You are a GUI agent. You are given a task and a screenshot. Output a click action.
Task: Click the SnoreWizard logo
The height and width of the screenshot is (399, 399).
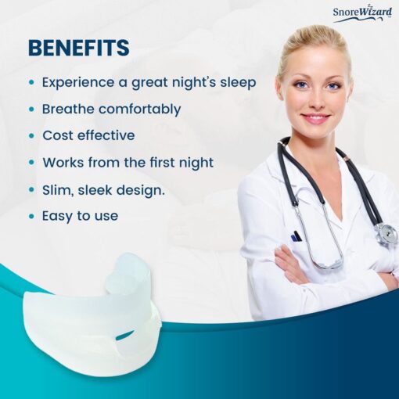click(x=362, y=14)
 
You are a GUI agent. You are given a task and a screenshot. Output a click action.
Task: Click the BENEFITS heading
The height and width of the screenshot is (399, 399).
click(x=79, y=48)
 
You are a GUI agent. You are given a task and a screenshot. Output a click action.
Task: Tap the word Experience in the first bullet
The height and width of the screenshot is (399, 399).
click(x=78, y=83)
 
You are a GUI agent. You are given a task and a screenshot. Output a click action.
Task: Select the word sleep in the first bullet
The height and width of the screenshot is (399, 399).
click(x=238, y=83)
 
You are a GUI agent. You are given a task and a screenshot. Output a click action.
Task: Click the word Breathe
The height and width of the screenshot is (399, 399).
click(x=68, y=109)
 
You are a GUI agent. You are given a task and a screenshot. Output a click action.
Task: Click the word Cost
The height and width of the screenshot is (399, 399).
click(x=58, y=135)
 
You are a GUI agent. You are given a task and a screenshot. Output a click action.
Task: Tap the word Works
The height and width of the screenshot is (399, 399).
click(x=63, y=163)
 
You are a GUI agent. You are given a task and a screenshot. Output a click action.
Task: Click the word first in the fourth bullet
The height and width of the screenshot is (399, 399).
click(x=162, y=162)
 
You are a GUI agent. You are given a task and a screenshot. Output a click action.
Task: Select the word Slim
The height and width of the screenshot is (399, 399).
click(x=58, y=190)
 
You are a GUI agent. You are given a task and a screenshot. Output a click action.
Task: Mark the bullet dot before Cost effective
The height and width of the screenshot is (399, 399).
click(x=32, y=135)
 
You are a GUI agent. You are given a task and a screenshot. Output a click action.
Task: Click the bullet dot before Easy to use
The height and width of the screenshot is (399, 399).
click(x=32, y=216)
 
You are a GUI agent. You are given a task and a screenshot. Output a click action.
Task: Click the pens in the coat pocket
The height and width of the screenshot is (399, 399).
click(x=297, y=236)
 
